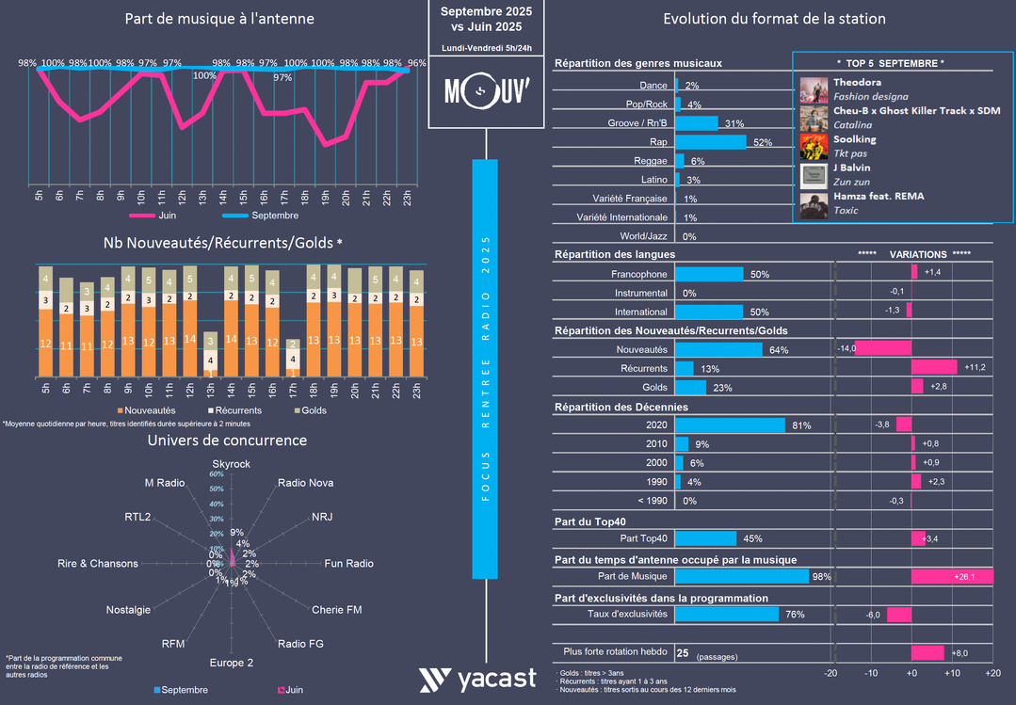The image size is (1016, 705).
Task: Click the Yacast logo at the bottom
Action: point(477,679)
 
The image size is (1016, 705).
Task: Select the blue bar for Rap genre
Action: point(711,142)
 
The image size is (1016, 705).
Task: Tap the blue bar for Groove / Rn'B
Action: point(697,123)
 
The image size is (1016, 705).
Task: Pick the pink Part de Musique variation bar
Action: point(952,576)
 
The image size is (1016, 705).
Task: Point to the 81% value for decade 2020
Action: point(801,425)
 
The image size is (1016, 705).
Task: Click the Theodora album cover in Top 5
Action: point(814,89)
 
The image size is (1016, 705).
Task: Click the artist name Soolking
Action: point(854,139)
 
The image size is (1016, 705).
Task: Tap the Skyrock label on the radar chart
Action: point(231,464)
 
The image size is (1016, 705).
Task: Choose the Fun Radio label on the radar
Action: point(348,564)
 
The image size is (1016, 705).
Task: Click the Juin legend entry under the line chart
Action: point(167,216)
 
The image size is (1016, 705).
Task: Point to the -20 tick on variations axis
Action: point(831,674)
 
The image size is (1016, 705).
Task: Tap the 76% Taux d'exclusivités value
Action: point(795,615)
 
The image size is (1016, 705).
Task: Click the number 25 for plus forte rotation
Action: point(683,652)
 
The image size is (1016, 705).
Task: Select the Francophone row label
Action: point(639,274)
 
